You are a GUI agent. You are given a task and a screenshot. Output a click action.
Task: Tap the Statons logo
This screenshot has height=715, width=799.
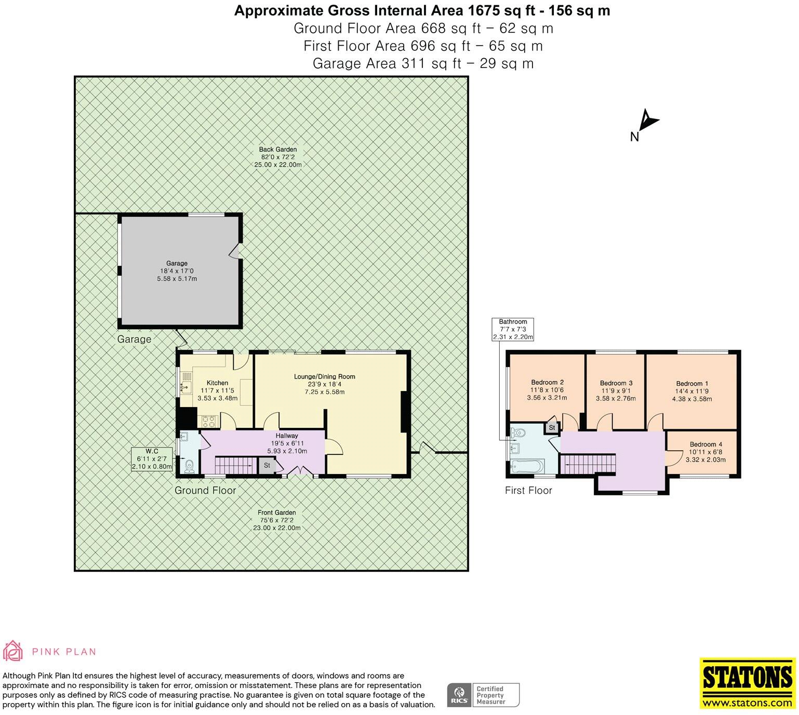pos(748,683)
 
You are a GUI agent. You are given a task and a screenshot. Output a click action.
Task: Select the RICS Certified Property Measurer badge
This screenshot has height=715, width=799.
pos(483,695)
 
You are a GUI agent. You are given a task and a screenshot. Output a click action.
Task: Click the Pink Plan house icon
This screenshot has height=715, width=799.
pos(13,651)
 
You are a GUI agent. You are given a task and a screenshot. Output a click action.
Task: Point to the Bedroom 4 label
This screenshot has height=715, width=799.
pos(705,444)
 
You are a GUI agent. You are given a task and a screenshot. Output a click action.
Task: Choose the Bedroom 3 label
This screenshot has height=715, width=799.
pos(616,384)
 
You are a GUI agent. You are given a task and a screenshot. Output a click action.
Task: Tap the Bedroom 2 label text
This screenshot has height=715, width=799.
pos(547,383)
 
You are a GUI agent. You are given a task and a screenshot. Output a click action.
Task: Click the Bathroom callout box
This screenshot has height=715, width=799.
pos(513,329)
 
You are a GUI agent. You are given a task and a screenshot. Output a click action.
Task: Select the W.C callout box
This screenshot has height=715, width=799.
pos(152,459)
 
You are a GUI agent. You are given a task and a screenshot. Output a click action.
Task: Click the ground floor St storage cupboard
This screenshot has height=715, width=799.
pos(267,465)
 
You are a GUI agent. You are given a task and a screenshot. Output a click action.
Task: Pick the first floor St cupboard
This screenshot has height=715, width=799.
pos(552,427)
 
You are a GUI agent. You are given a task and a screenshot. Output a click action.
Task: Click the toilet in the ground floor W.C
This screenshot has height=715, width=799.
pos(189,465)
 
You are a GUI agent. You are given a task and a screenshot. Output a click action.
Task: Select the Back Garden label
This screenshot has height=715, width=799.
pos(278,150)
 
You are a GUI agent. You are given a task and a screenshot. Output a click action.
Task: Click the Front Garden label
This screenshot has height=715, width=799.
pos(277,512)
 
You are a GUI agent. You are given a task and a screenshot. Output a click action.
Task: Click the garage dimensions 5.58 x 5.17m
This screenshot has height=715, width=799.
pos(177,279)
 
